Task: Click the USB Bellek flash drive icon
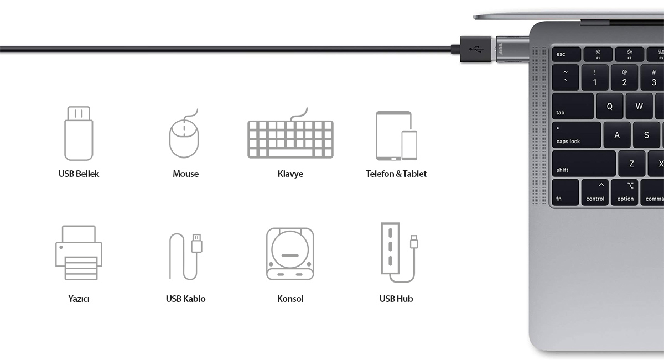point(78,133)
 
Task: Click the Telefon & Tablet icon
point(396,136)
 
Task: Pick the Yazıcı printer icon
point(79,253)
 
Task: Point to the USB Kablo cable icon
point(185,255)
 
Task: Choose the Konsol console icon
point(290,254)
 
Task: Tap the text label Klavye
point(290,174)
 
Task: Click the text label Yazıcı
point(79,299)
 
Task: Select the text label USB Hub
point(396,299)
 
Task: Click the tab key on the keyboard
point(572,106)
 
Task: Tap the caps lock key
point(575,135)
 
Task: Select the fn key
point(565,192)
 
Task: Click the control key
point(595,192)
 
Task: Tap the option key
point(625,192)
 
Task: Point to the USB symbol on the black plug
point(474,49)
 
